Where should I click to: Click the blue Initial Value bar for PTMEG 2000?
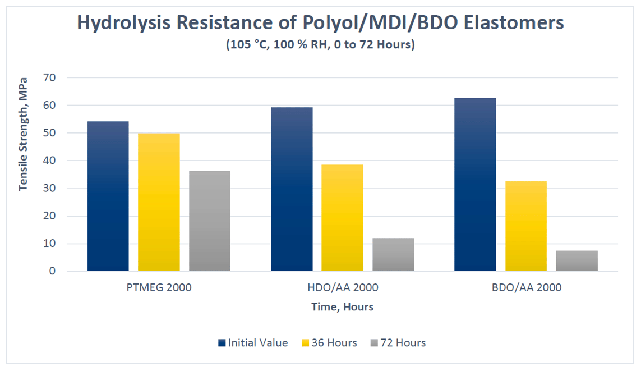(108, 196)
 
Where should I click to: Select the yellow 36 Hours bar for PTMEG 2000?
(159, 202)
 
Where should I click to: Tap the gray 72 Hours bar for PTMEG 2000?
(209, 221)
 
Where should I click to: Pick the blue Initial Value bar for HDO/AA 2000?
(292, 189)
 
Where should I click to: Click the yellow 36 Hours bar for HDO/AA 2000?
(342, 218)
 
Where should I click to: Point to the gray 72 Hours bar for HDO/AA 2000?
(393, 255)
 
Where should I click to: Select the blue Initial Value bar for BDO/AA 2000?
(475, 185)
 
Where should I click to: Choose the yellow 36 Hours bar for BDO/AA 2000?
(525, 226)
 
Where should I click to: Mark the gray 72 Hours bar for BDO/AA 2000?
(577, 261)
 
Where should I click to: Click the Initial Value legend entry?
(253, 343)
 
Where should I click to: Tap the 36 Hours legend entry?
(330, 343)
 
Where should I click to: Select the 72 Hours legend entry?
(399, 343)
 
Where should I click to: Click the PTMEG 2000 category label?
(159, 288)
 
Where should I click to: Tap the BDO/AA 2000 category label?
(525, 288)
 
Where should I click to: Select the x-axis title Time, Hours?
(342, 307)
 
